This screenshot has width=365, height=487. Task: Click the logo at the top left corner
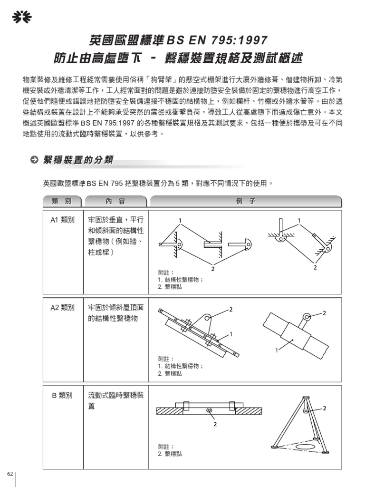(x=21, y=18)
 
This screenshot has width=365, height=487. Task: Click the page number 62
(x=9, y=475)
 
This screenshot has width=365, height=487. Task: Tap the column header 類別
(x=62, y=201)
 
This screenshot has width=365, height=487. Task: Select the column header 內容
(x=116, y=201)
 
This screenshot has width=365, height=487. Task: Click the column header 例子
(x=245, y=201)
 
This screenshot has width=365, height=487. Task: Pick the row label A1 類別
(x=62, y=220)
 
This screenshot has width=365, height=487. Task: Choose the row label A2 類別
(x=62, y=308)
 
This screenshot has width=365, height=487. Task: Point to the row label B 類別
(x=62, y=395)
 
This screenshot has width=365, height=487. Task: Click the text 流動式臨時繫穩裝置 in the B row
(x=116, y=400)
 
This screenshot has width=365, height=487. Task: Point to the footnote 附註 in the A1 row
(x=166, y=273)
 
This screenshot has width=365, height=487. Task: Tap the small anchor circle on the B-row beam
(x=209, y=410)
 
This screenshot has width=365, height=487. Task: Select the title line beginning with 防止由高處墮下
(x=178, y=58)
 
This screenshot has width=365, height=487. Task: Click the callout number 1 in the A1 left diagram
(x=180, y=220)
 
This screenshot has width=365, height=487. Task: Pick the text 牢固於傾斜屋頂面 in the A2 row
(x=116, y=308)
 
